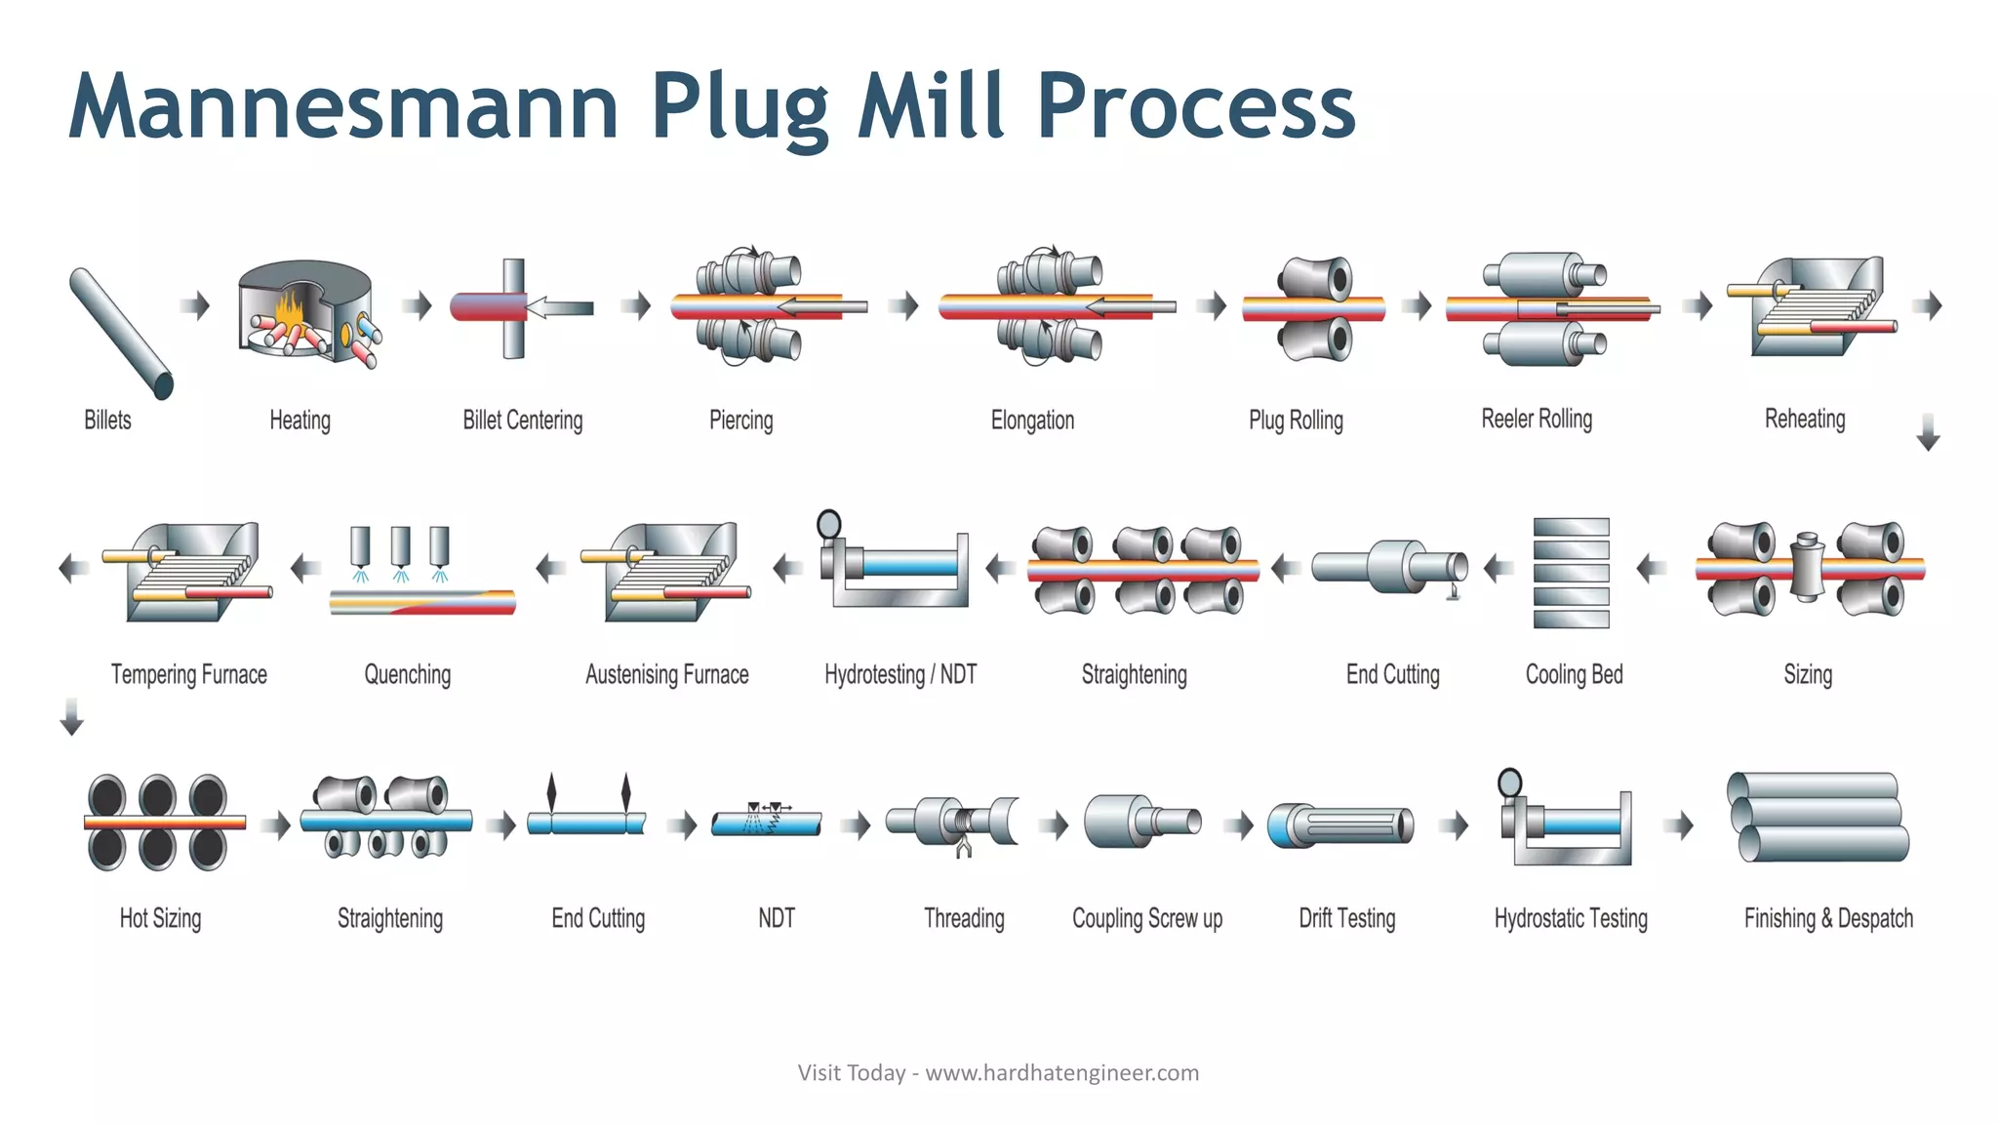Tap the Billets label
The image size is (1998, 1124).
coord(107,421)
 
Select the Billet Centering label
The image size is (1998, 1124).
coord(522,421)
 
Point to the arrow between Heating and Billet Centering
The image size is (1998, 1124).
coord(418,305)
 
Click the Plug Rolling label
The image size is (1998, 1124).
coord(1296,421)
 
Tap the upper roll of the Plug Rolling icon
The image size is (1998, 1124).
coord(1315,279)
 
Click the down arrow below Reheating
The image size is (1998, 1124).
coord(1928,432)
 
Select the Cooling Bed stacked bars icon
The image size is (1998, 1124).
coord(1571,573)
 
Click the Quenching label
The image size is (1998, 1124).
coord(408,674)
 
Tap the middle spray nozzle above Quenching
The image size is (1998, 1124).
coord(400,547)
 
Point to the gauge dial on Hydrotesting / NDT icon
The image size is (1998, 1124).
coord(829,524)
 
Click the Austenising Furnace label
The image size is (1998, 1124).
coord(666,674)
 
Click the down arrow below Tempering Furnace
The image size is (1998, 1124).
coord(71,716)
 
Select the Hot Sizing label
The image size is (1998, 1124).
coord(160,918)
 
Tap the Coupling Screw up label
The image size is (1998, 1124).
coord(1146,918)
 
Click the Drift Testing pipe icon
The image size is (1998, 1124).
coord(1340,825)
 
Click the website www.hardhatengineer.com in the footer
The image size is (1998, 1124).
coord(1061,1073)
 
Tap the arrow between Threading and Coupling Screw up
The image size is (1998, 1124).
coord(1054,825)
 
